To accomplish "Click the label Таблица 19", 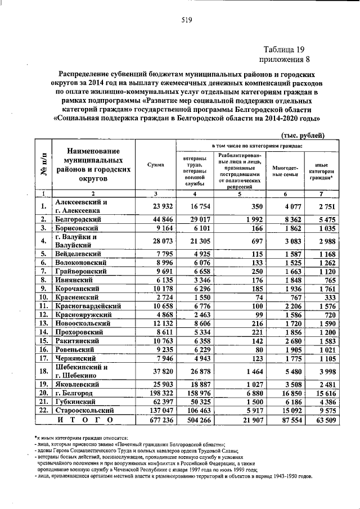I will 286,48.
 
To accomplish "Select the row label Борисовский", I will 76,228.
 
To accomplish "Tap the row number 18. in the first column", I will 43,370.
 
